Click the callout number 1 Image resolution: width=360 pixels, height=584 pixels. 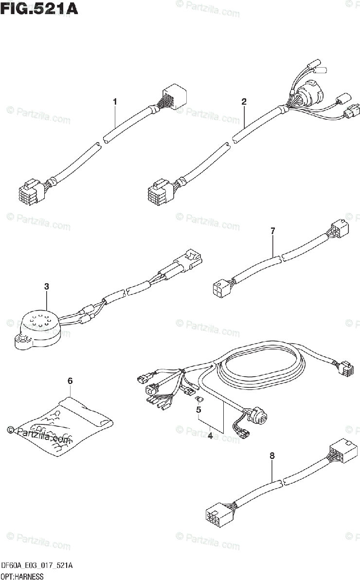(x=115, y=102)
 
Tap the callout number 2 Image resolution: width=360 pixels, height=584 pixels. (x=244, y=102)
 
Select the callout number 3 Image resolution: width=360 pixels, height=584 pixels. (x=47, y=287)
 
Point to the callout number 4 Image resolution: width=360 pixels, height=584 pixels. (x=210, y=436)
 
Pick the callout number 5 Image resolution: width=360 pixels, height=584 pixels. (x=198, y=410)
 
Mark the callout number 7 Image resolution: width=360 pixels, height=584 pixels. (x=272, y=231)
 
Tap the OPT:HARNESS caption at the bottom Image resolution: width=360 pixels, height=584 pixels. (x=22, y=577)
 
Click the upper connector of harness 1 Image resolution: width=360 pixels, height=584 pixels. (x=171, y=95)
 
